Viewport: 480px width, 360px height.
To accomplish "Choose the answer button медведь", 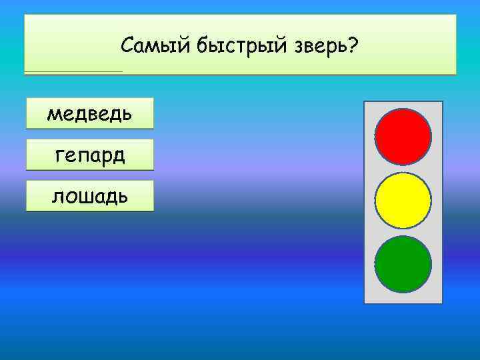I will click(x=89, y=113).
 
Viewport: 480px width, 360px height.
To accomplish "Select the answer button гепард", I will click(x=89, y=155).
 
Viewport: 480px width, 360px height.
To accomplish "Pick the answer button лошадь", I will click(x=89, y=196).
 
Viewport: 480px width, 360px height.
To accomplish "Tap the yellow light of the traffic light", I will click(x=403, y=200).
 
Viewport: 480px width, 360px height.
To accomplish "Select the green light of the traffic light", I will click(x=403, y=263).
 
